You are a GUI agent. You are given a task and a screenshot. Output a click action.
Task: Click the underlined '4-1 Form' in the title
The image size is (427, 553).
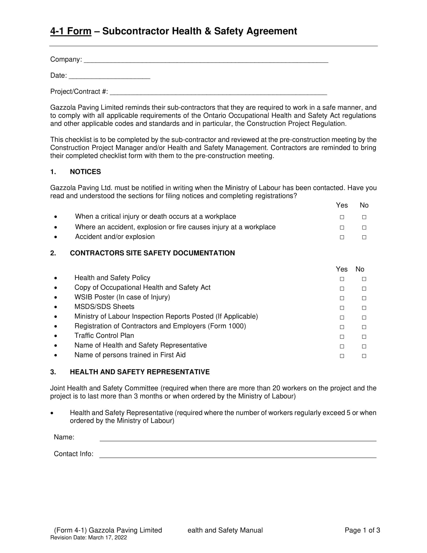point(71,31)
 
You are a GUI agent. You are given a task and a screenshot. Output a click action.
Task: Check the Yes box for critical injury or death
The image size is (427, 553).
point(342,217)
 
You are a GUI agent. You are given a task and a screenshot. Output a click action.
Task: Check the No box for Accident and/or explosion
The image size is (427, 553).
point(364,237)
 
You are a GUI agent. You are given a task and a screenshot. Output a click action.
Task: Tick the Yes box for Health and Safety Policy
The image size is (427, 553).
point(342,279)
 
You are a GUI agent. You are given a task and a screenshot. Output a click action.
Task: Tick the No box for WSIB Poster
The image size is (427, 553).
point(364,298)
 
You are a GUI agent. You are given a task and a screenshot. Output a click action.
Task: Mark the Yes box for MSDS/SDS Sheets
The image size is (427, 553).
point(342,308)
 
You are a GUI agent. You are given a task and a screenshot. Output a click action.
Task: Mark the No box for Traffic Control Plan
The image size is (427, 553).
point(364,337)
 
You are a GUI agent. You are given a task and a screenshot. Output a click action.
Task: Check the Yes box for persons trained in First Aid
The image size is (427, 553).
point(342,356)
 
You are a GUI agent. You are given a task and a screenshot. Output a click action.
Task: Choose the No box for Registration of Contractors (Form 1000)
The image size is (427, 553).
point(364,327)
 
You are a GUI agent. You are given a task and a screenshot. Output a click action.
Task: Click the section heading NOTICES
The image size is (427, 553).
point(85,172)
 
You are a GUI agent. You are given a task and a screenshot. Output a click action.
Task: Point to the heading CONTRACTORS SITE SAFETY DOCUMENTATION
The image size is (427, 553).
point(152,253)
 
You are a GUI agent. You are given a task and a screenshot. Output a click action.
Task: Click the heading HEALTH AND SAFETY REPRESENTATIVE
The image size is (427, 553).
point(140,372)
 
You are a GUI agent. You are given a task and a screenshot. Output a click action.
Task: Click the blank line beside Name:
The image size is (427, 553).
point(238,439)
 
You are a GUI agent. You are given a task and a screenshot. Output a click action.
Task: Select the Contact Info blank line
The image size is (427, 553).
point(238,455)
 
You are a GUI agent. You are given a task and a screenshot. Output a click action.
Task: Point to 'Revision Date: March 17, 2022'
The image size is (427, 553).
point(88,538)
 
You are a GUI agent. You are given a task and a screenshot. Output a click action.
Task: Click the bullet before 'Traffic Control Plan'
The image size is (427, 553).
point(56,336)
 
